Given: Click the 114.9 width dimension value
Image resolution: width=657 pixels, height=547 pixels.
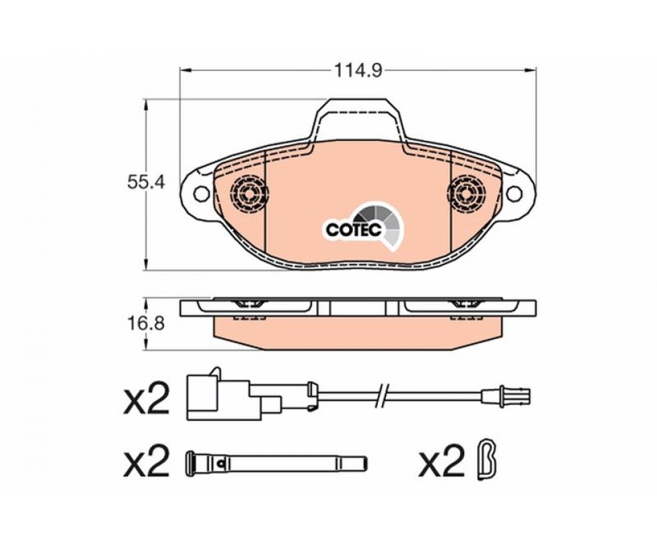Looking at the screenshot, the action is [x=358, y=70].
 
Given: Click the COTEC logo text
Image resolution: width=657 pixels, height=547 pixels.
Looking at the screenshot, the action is [x=354, y=229].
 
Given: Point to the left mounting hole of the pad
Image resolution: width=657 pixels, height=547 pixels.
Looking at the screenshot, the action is [x=201, y=194].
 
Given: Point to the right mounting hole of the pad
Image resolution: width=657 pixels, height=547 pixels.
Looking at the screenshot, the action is [x=514, y=194].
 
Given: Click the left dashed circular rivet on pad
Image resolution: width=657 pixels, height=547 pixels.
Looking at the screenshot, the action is [x=250, y=194].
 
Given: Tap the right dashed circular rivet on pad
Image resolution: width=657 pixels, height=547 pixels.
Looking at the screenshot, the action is [x=466, y=194].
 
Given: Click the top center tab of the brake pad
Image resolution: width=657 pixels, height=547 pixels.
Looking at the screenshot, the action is [x=357, y=119].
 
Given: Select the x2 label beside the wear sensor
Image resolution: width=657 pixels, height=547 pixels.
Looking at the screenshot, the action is [x=146, y=399].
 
